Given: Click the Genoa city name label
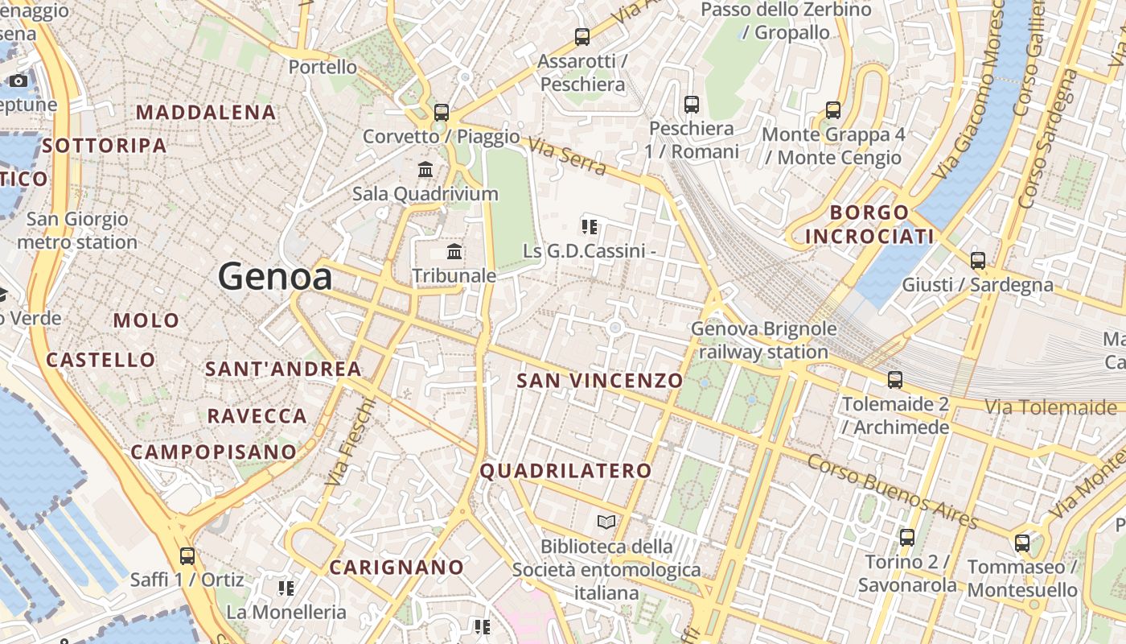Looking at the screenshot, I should pyautogui.click(x=275, y=277).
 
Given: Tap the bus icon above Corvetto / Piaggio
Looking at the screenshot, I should pyautogui.click(x=441, y=112).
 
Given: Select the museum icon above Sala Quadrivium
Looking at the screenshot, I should pyautogui.click(x=425, y=170).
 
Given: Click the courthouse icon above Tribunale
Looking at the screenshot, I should pyautogui.click(x=454, y=251).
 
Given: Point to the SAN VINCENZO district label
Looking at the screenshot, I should pyautogui.click(x=599, y=380).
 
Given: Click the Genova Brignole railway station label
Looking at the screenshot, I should pyautogui.click(x=763, y=341).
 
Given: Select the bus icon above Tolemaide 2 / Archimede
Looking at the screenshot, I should pyautogui.click(x=894, y=379).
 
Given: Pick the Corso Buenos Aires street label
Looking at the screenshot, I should pyautogui.click(x=892, y=491).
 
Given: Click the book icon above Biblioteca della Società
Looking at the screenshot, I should pyautogui.click(x=606, y=522).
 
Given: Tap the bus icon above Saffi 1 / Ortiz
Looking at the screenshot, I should pyautogui.click(x=187, y=555).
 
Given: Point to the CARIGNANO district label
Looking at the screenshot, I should pyautogui.click(x=397, y=568).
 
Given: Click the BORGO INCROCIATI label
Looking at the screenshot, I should pyautogui.click(x=869, y=225).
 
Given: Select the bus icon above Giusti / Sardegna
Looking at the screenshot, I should pyautogui.click(x=978, y=260).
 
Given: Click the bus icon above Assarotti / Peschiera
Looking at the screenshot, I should pyautogui.click(x=581, y=36).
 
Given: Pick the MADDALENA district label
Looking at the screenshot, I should pyautogui.click(x=207, y=112).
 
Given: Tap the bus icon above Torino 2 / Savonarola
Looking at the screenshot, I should pyautogui.click(x=907, y=537).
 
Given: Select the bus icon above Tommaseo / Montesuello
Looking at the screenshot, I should pyautogui.click(x=1022, y=543).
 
